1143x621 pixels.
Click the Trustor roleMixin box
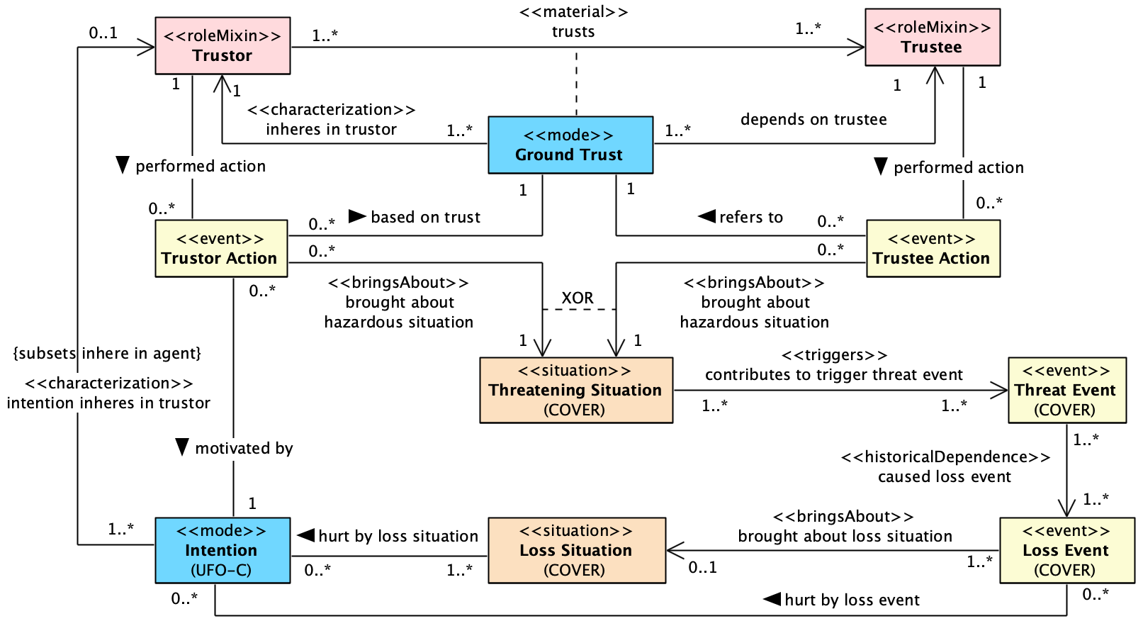click(223, 46)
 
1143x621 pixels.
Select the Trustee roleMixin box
click(932, 38)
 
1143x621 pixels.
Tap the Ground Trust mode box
click(570, 145)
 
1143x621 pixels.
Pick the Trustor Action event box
click(221, 248)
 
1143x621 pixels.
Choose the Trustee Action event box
click(933, 248)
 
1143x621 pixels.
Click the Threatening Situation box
click(575, 390)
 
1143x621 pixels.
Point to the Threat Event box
click(1066, 390)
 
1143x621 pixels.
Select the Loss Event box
click(1066, 550)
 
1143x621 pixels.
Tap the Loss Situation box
click(576, 550)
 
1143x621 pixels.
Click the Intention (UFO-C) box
click(222, 550)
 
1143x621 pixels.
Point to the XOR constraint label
click(578, 298)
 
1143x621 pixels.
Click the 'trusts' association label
click(573, 32)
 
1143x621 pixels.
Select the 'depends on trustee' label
click(813, 120)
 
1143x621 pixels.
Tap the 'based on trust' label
click(425, 218)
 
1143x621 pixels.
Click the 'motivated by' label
click(244, 449)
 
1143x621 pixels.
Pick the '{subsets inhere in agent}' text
click(108, 353)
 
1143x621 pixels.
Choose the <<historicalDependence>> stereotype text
click(945, 457)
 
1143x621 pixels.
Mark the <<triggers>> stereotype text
click(834, 355)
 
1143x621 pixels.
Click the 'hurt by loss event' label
click(852, 600)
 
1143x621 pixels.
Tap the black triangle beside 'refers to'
click(707, 216)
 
